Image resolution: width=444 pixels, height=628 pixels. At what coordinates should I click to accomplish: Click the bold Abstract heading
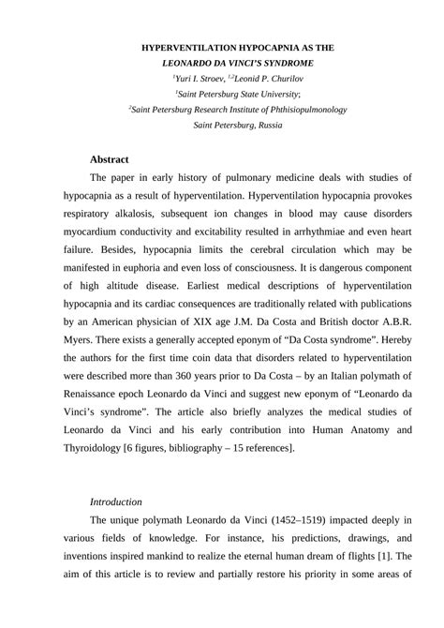tap(110, 159)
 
